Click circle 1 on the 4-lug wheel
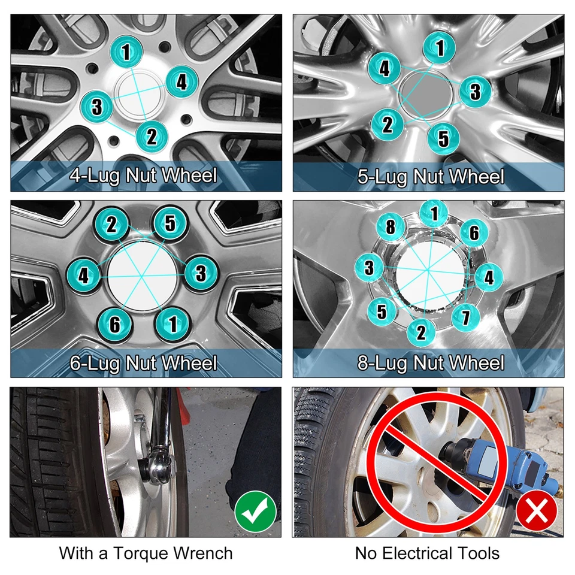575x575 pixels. coord(126,52)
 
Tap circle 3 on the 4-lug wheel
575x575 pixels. coord(96,107)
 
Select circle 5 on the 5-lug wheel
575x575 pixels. coord(443,138)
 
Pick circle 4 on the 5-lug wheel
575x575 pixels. coord(385,69)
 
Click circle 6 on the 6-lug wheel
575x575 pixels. coord(114,324)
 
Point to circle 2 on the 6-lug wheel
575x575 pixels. coord(112,225)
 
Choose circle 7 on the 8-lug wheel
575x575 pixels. coord(465,315)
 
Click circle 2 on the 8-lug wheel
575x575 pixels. coord(421,332)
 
